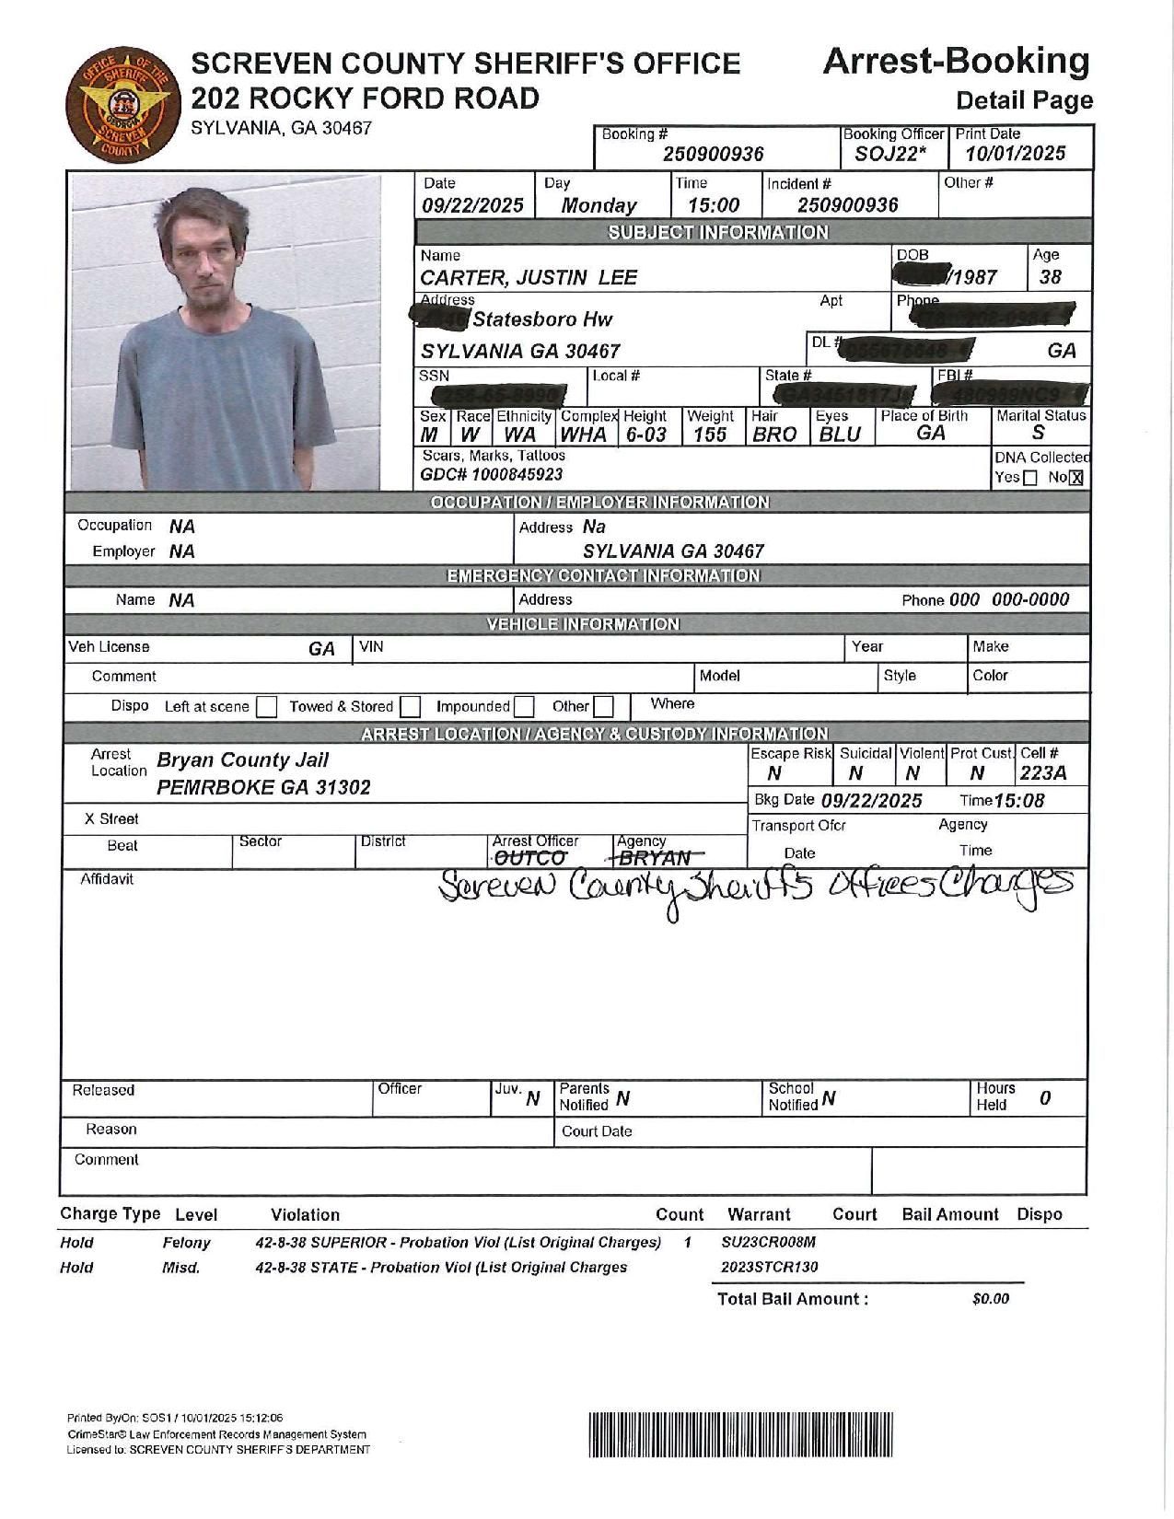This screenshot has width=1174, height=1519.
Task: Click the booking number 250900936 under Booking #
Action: coord(714,155)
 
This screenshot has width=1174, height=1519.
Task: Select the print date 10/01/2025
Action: coord(1015,154)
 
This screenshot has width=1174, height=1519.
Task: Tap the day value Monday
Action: coord(599,205)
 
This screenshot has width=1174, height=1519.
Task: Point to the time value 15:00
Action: coord(714,205)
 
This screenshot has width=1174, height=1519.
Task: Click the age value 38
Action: coord(1050,277)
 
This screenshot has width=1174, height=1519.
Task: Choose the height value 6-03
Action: coord(645,435)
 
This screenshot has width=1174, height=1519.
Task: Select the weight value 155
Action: coord(710,435)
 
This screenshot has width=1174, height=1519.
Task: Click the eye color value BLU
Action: coord(839,435)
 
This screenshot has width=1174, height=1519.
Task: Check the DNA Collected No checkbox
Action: coord(1076,478)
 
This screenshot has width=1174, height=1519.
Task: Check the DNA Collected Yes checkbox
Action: coord(1030,478)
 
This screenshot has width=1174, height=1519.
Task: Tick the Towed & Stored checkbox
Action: coord(411,707)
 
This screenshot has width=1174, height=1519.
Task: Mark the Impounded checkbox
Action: coord(524,707)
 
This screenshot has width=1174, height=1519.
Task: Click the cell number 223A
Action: coord(1042,773)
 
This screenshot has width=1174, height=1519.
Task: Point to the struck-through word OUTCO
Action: coord(529,859)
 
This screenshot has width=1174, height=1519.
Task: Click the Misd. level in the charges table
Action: coord(180,1268)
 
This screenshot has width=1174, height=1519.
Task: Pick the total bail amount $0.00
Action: coord(990,1299)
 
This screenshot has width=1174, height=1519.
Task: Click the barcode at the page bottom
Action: coord(739,1434)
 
